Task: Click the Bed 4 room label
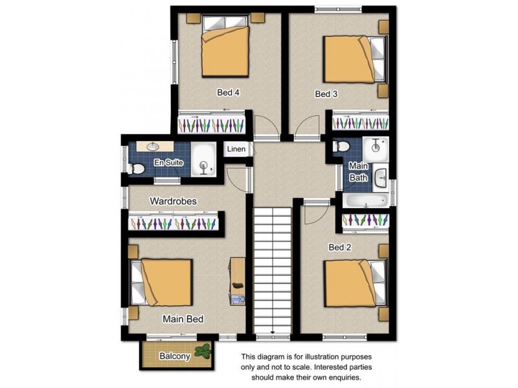(228, 93)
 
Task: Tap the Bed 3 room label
(326, 94)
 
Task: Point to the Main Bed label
(183, 319)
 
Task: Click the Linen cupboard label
(236, 149)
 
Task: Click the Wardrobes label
(173, 201)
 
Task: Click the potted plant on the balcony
(204, 352)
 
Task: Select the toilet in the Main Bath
(342, 147)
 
